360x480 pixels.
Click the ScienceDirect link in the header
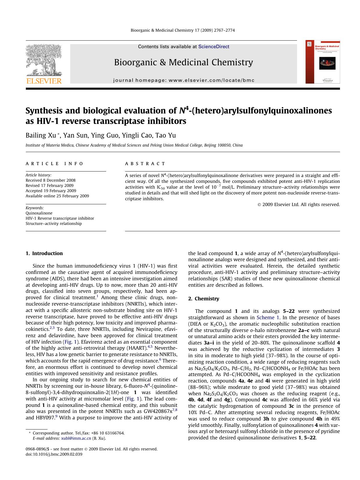click(214, 47)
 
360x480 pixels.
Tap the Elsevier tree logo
click(44, 60)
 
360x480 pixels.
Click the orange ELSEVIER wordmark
click(44, 81)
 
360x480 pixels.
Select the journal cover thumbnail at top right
click(323, 62)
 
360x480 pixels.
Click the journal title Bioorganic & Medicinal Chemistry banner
click(183, 62)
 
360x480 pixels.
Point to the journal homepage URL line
click(183, 80)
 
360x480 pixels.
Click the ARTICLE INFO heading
click(54, 164)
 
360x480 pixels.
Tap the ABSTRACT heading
click(145, 164)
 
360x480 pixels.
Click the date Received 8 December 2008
click(50, 180)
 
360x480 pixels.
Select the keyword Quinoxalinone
click(39, 213)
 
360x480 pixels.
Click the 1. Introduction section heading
click(44, 253)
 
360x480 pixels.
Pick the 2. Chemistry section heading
click(204, 299)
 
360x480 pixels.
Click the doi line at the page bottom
click(54, 454)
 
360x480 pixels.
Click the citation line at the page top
click(183, 30)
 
